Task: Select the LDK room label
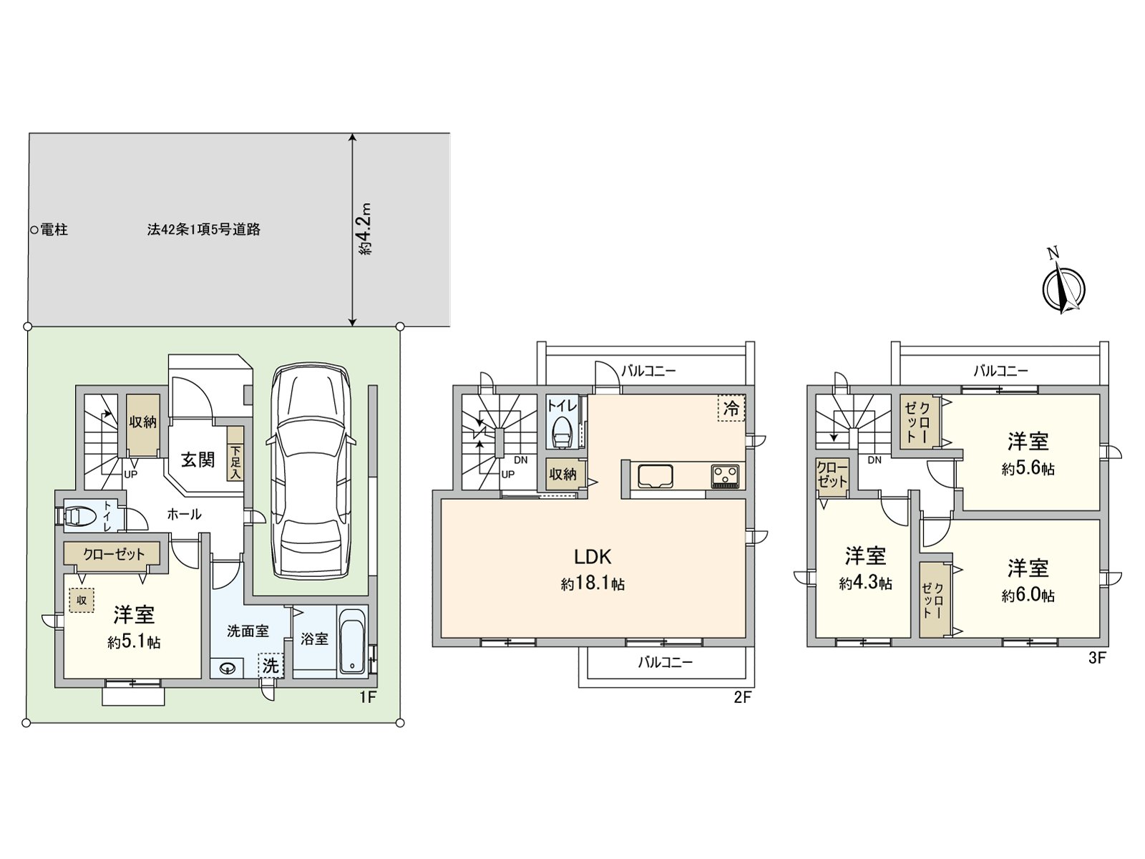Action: pos(593,557)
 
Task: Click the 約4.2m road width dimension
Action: pos(366,228)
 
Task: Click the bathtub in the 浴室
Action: pos(352,641)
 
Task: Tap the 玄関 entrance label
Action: pos(198,460)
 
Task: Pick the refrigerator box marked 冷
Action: pos(731,408)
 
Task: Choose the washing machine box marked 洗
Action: pos(271,666)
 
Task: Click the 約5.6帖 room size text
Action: pos(1028,468)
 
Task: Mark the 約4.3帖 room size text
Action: pos(865,583)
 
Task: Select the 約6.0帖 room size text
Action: pos(1028,595)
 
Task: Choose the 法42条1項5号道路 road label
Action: pos(203,230)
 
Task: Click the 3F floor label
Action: pos(1097,658)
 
